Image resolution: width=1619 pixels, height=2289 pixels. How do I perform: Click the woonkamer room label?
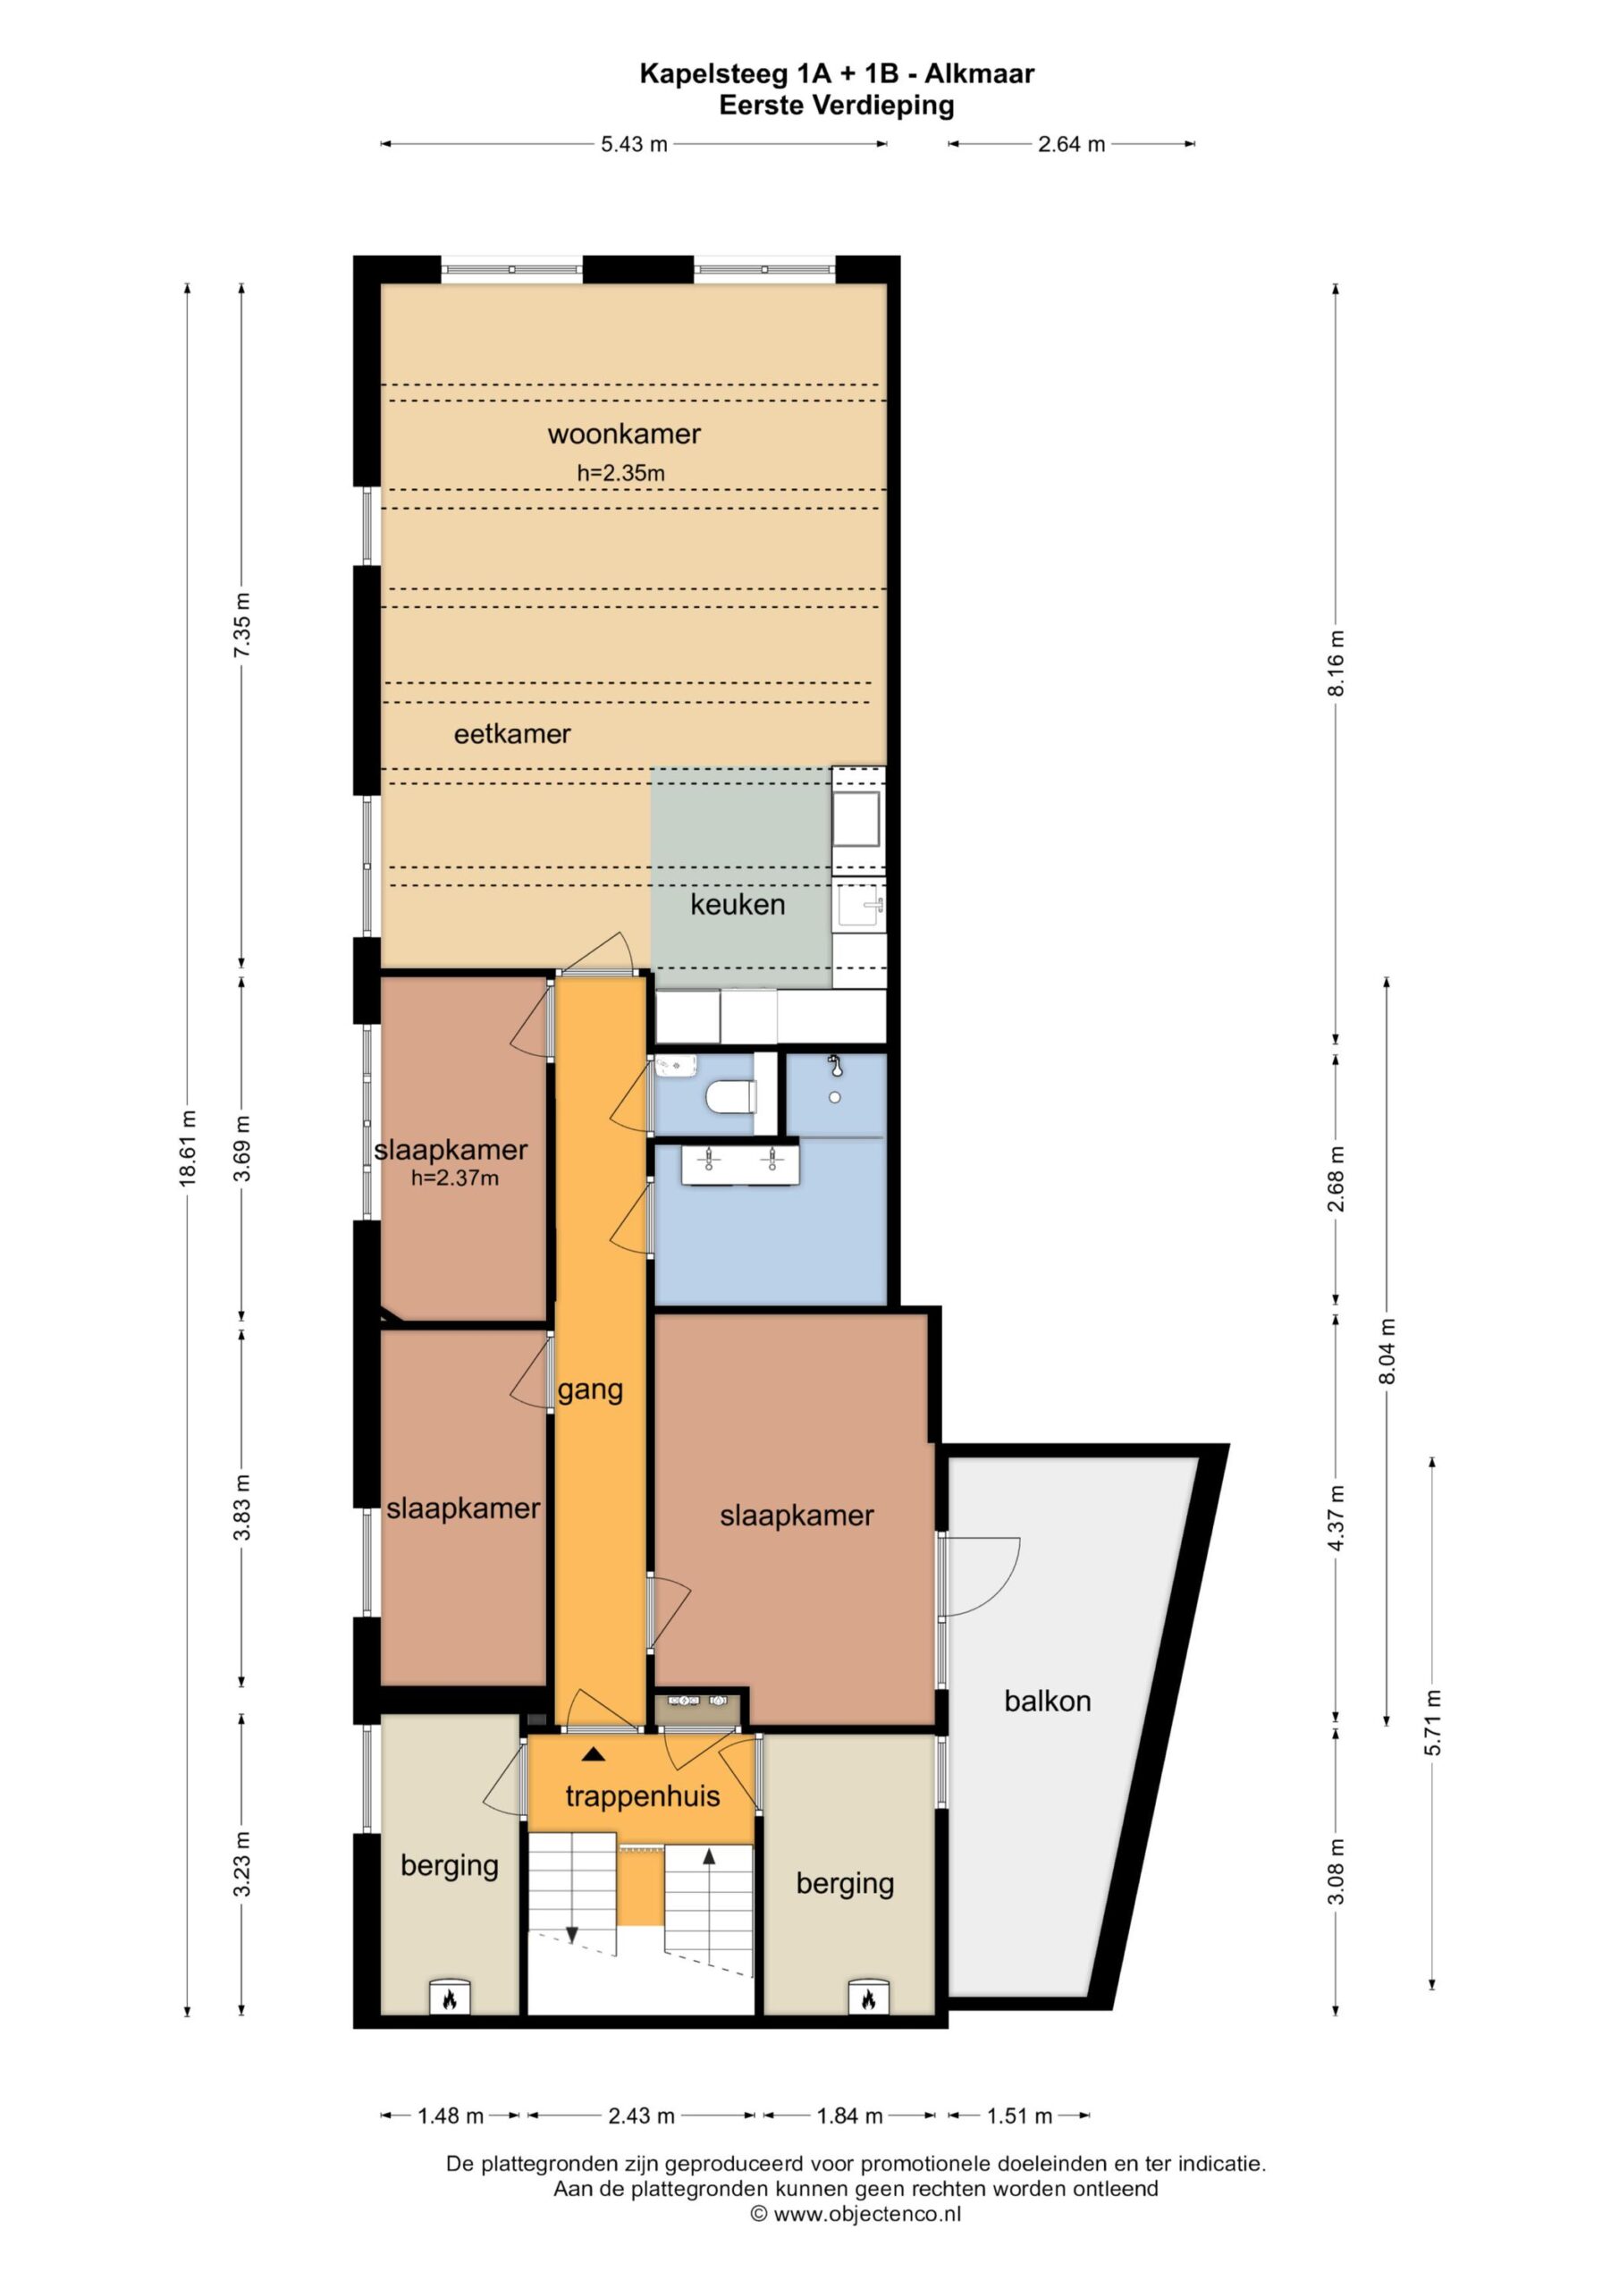(624, 434)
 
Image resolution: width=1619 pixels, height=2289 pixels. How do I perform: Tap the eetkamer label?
(512, 735)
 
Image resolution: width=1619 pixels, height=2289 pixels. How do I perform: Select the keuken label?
(738, 904)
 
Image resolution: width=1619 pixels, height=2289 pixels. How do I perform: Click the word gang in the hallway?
(590, 1390)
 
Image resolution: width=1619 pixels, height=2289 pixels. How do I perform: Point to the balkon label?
(1048, 1701)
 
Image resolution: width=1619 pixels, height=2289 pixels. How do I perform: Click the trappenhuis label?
(643, 1824)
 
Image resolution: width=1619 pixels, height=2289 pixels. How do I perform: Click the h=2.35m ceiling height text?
(621, 474)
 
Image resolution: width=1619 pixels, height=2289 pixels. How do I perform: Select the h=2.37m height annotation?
(456, 1178)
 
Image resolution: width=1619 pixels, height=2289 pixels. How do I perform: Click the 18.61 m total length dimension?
(188, 1146)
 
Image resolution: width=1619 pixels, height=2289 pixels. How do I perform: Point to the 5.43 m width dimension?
(634, 144)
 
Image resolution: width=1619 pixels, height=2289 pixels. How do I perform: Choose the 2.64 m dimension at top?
(1072, 144)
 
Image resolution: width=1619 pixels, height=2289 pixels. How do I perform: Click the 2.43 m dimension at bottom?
(641, 2116)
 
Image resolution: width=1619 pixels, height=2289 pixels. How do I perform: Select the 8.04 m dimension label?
(1387, 1351)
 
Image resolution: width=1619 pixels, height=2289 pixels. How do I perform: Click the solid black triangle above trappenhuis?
(594, 1780)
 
